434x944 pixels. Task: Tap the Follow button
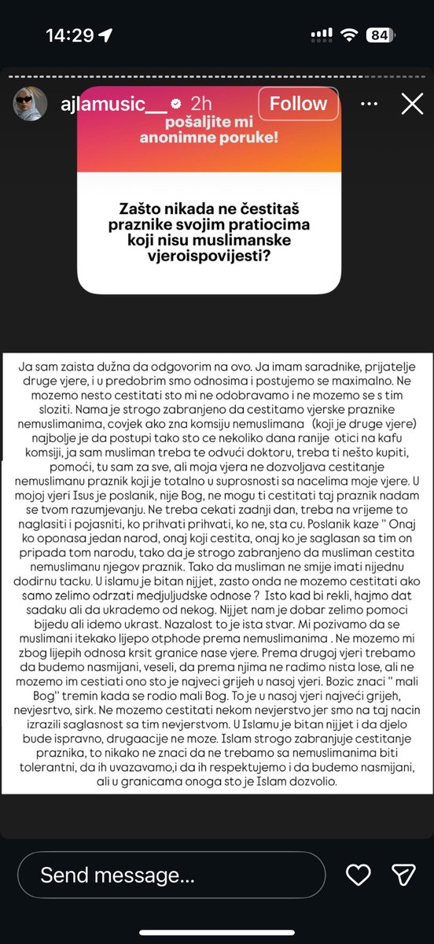(298, 104)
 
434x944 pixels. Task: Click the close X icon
(412, 104)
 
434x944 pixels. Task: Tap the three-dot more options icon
(368, 104)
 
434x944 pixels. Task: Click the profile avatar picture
(29, 104)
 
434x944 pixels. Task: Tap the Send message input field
(171, 875)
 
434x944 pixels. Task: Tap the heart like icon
(359, 875)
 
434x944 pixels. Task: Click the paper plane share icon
(403, 875)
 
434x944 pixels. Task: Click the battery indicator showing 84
(380, 35)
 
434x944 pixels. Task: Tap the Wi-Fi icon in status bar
(348, 35)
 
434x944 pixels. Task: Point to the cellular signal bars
(322, 35)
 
